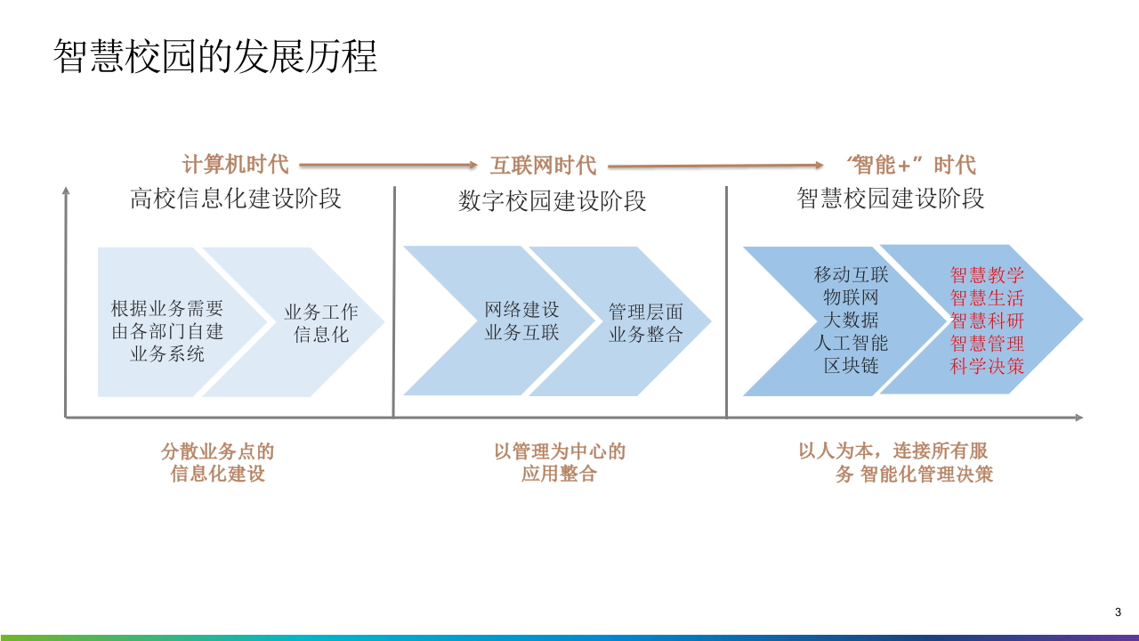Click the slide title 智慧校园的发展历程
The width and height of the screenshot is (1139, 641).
pyautogui.click(x=215, y=56)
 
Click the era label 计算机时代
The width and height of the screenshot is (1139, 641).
pyautogui.click(x=236, y=165)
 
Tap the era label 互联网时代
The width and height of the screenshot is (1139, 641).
pyautogui.click(x=543, y=166)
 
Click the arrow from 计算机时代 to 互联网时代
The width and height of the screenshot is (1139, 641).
pyautogui.click(x=389, y=165)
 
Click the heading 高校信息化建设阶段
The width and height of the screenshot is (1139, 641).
pyautogui.click(x=236, y=198)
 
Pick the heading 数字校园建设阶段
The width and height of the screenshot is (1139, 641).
pyautogui.click(x=552, y=201)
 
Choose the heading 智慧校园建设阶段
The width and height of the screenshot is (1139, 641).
pyautogui.click(x=890, y=198)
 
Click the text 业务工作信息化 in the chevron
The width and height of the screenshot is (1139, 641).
pyautogui.click(x=321, y=323)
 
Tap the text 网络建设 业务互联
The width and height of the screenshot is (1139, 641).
pyautogui.click(x=521, y=321)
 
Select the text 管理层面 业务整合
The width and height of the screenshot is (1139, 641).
pyautogui.click(x=645, y=323)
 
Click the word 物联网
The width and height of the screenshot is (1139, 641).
pyautogui.click(x=851, y=297)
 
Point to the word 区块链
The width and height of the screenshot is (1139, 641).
pyautogui.click(x=851, y=366)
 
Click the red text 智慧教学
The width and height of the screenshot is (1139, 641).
pyautogui.click(x=987, y=274)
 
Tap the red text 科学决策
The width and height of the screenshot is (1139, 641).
pyautogui.click(x=987, y=366)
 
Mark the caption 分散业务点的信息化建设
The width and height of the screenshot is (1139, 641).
pyautogui.click(x=218, y=463)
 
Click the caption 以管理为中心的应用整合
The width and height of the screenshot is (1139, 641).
pyautogui.click(x=560, y=463)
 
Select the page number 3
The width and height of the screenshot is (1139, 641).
pyautogui.click(x=1118, y=612)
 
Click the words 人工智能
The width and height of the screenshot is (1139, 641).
pyautogui.click(x=851, y=343)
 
